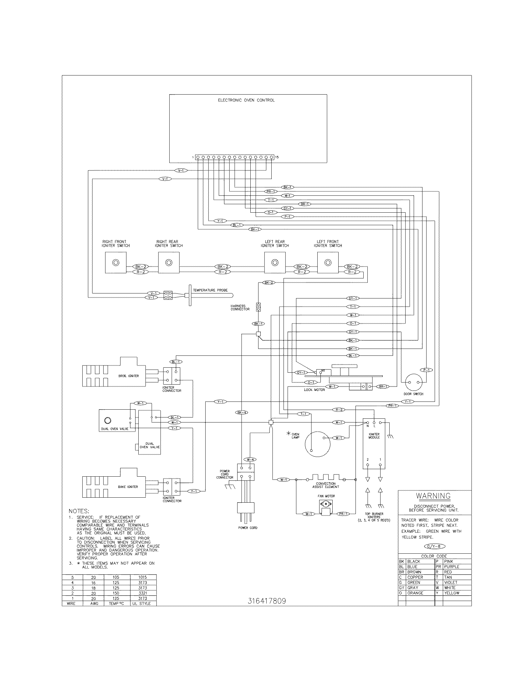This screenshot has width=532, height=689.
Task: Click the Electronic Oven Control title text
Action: [x=246, y=100]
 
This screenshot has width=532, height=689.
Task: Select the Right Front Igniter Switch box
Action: [x=116, y=262]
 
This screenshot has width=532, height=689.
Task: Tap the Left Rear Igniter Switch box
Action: [x=275, y=262]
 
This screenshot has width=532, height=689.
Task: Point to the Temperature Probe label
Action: [x=210, y=290]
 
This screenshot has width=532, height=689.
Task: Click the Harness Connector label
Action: [x=240, y=308]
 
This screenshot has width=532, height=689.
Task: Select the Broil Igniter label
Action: [x=128, y=376]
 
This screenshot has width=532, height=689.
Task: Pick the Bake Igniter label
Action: [x=128, y=487]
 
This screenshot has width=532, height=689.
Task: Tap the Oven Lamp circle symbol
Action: [x=317, y=444]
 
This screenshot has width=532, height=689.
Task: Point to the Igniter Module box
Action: [x=374, y=445]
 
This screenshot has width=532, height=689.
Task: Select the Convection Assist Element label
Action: [x=325, y=485]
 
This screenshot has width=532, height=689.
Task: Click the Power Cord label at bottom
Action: [x=248, y=528]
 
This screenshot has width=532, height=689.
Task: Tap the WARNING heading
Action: [x=433, y=496]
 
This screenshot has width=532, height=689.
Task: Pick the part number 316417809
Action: [x=267, y=601]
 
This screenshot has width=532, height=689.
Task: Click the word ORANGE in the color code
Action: [x=415, y=593]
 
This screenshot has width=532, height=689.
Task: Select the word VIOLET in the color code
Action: [x=450, y=582]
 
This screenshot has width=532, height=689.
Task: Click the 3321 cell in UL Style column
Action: [x=143, y=593]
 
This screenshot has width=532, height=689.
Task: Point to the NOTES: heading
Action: [x=79, y=511]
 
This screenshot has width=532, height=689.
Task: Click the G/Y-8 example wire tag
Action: [x=435, y=546]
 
